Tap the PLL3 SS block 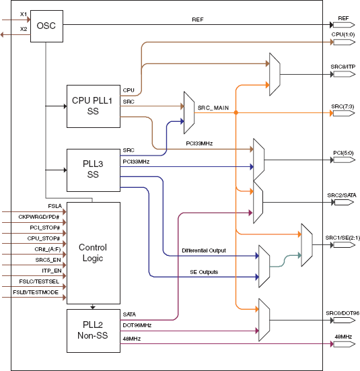[93, 170]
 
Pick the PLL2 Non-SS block [93, 331]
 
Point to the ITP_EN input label [52, 269]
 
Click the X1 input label [24, 14]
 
